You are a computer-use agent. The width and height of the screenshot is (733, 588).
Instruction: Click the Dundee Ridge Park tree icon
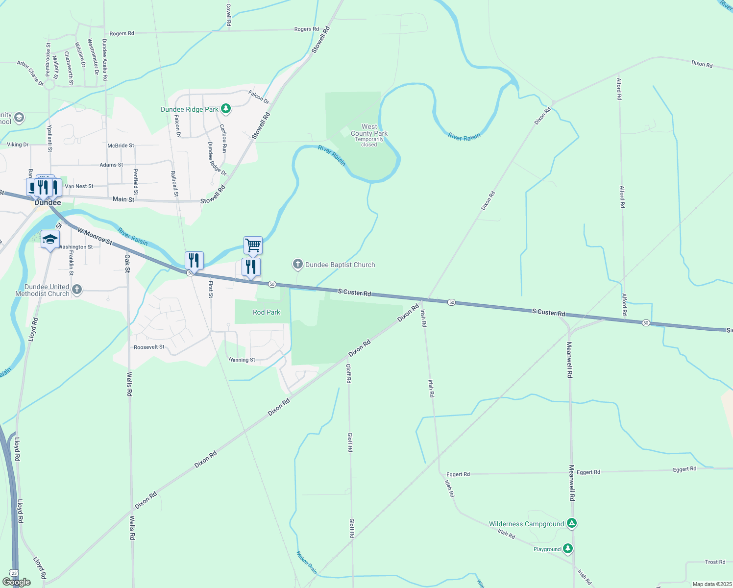pyautogui.click(x=225, y=108)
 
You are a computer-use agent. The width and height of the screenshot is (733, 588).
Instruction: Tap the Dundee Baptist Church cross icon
pyautogui.click(x=297, y=265)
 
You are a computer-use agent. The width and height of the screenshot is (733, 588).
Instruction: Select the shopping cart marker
pyautogui.click(x=253, y=245)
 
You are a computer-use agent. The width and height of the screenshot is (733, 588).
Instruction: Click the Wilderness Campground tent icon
pyautogui.click(x=571, y=523)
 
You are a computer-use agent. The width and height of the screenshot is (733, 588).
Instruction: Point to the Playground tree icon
pyautogui.click(x=567, y=548)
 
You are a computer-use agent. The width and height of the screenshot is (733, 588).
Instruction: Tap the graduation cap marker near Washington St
pyautogui.click(x=50, y=240)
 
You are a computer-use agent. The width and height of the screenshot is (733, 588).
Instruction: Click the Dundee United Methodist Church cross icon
pyautogui.click(x=76, y=290)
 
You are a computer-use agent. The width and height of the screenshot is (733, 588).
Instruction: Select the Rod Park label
pyautogui.click(x=267, y=312)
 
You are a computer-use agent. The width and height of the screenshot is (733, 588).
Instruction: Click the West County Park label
pyautogui.click(x=369, y=130)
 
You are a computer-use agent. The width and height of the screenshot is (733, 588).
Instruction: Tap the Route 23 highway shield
pyautogui.click(x=14, y=573)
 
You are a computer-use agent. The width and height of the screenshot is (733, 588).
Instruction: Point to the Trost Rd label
pyautogui.click(x=715, y=562)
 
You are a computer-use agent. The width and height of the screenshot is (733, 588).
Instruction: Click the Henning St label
pyautogui.click(x=242, y=360)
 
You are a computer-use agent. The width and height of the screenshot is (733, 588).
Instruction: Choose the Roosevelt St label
pyautogui.click(x=149, y=347)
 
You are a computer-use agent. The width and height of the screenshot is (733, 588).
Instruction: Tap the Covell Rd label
pyautogui.click(x=228, y=15)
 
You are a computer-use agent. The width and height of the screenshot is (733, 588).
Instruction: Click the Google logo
pyautogui.click(x=16, y=582)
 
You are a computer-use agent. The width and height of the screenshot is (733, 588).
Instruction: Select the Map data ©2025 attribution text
pyautogui.click(x=711, y=584)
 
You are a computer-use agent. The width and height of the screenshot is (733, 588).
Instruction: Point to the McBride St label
pyautogui.click(x=121, y=146)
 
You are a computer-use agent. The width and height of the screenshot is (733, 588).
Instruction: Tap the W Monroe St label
pyautogui.click(x=95, y=236)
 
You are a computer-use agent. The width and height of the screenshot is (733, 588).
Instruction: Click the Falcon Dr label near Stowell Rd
pyautogui.click(x=259, y=97)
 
